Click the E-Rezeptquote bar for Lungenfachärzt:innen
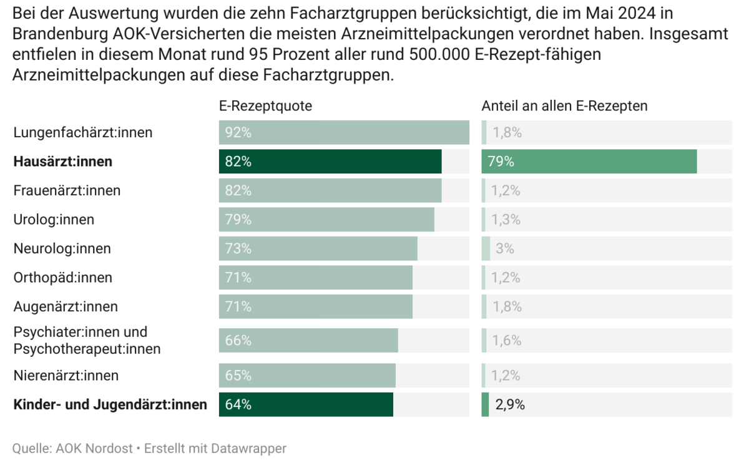click(x=343, y=132)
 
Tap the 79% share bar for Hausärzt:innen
click(x=589, y=162)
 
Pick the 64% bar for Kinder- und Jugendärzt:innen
click(x=306, y=404)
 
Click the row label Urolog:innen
click(x=54, y=220)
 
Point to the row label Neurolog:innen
click(x=62, y=248)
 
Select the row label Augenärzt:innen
click(x=66, y=306)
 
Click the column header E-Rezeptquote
click(x=265, y=106)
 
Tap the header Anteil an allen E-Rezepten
click(x=564, y=106)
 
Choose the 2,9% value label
click(x=510, y=404)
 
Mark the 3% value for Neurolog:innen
click(x=504, y=248)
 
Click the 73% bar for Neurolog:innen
click(x=318, y=248)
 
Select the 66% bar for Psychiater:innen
click(x=308, y=340)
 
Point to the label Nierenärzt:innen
click(x=66, y=376)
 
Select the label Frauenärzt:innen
click(x=67, y=190)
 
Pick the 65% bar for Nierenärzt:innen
click(x=307, y=376)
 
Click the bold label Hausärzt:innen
click(x=62, y=162)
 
